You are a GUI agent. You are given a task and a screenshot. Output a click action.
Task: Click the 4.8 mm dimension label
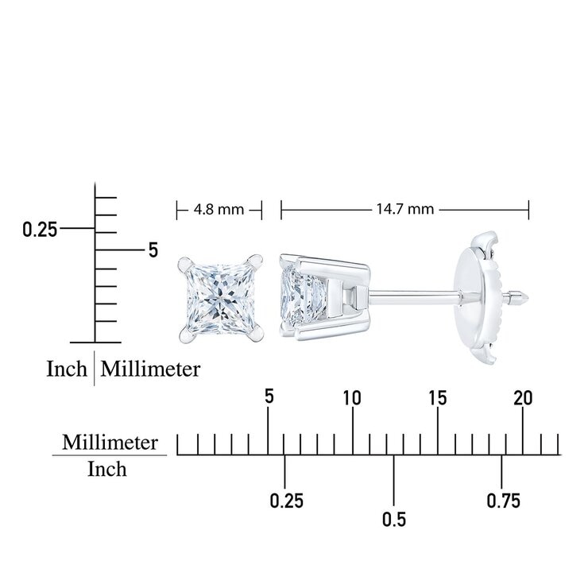tap(219, 209)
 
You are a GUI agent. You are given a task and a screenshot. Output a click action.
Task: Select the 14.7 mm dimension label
tap(405, 209)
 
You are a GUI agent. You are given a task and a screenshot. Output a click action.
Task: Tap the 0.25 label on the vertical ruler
tap(40, 230)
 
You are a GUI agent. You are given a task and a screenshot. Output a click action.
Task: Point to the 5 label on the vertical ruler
tap(153, 250)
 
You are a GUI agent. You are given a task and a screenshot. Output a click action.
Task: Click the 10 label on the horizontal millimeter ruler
tap(352, 398)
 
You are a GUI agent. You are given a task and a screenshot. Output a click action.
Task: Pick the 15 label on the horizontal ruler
tap(438, 398)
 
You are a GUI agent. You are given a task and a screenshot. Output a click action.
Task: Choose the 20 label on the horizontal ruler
tap(523, 398)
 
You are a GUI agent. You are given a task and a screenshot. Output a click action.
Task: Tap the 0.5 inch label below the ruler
tap(394, 520)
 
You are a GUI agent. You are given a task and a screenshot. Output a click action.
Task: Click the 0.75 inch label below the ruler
tap(503, 501)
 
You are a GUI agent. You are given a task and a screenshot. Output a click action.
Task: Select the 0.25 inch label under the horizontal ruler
tap(287, 501)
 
